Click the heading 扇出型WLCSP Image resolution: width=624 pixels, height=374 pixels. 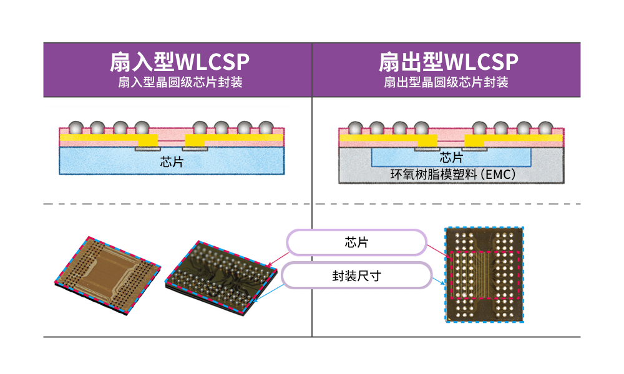(448, 62)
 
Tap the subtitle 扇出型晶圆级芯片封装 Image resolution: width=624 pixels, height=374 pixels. (446, 82)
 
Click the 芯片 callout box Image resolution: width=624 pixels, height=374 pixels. (356, 242)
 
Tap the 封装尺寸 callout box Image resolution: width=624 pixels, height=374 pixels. (356, 275)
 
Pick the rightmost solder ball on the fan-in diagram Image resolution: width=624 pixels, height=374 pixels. (266, 128)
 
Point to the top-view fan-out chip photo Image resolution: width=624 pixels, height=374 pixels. (484, 274)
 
